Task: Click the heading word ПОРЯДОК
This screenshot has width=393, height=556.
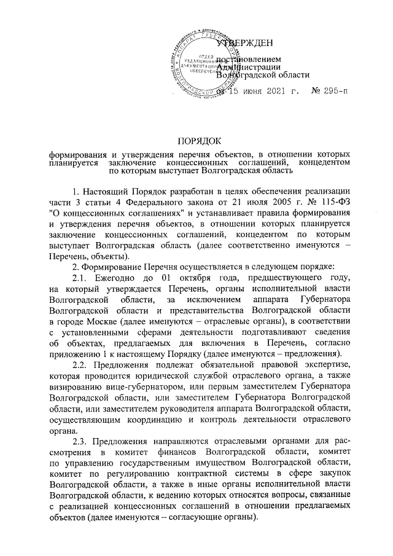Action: point(196,143)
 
